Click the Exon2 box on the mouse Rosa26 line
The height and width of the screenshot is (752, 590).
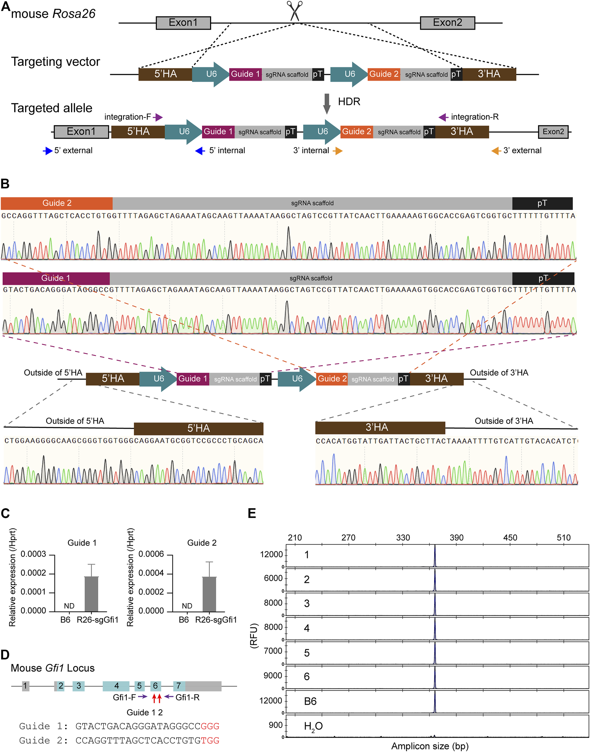447,23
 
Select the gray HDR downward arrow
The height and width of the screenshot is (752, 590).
326,103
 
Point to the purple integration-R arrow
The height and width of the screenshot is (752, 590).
443,117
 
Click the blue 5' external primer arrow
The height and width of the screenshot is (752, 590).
48,151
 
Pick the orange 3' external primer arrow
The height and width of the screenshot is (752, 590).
496,151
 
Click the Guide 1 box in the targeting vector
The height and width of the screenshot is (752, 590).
245,74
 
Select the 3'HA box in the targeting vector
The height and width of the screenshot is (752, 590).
489,74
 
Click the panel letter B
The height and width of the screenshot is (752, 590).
5,184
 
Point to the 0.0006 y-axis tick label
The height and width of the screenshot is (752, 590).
151,554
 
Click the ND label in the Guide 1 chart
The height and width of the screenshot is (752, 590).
69,606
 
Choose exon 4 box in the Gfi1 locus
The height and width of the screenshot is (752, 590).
116,686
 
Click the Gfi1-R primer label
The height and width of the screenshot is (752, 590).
187,697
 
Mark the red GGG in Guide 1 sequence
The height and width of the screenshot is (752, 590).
210,726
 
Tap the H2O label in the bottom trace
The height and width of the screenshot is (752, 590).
313,726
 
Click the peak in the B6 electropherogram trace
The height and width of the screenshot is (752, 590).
435,702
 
